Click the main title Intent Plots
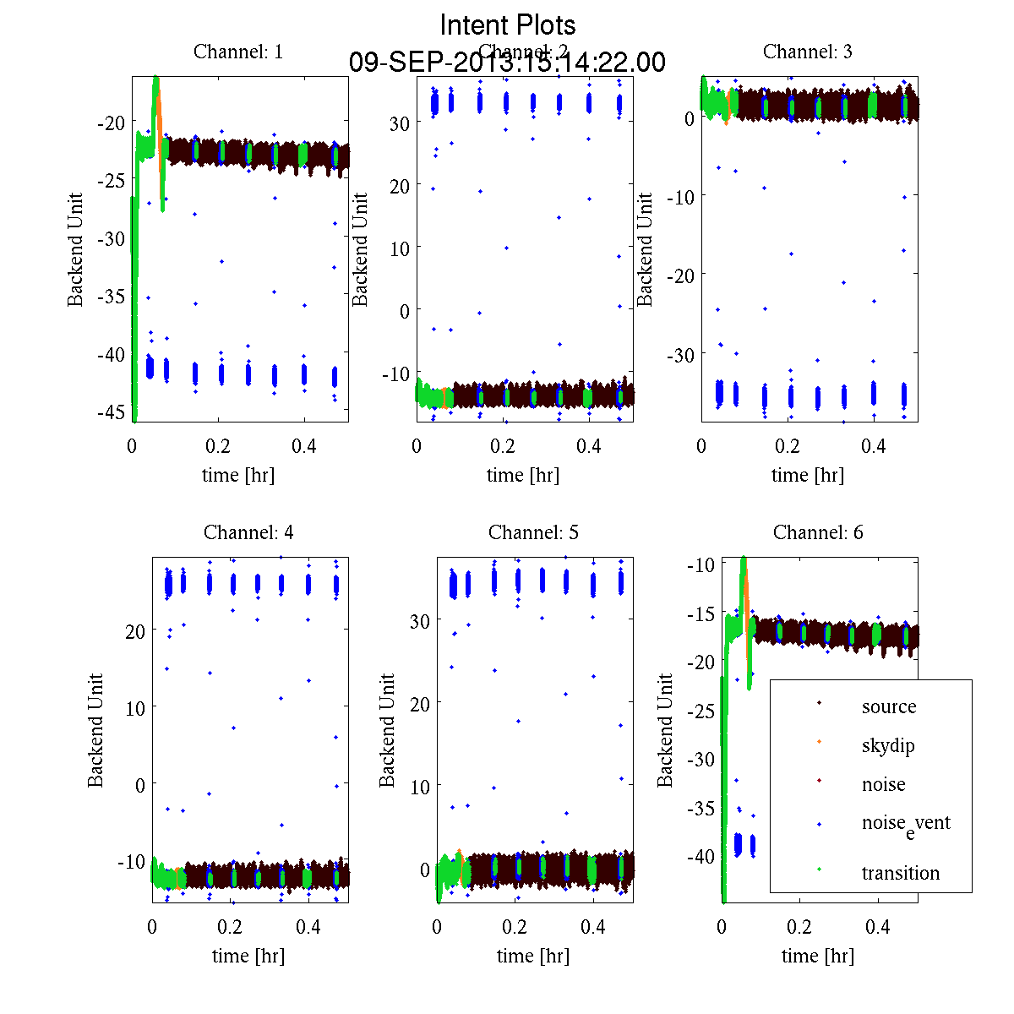pyautogui.click(x=508, y=25)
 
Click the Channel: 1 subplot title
pyautogui.click(x=238, y=52)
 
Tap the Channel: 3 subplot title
pyautogui.click(x=807, y=52)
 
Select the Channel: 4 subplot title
pyautogui.click(x=248, y=532)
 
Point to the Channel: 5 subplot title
pyautogui.click(x=533, y=532)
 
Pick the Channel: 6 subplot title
pyautogui.click(x=818, y=532)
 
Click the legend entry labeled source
pyautogui.click(x=888, y=706)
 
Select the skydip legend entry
pyautogui.click(x=887, y=745)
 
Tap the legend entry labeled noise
pyautogui.click(x=883, y=784)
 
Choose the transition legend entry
pyautogui.click(x=900, y=873)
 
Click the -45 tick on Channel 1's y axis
pyautogui.click(x=112, y=412)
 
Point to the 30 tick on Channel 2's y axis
pyautogui.click(x=399, y=123)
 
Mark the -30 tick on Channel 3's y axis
pyautogui.click(x=680, y=355)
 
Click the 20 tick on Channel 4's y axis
pyautogui.click(x=134, y=630)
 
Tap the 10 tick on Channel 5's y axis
pyautogui.click(x=419, y=787)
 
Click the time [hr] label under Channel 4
pyautogui.click(x=248, y=956)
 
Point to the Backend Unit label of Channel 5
pyautogui.click(x=387, y=730)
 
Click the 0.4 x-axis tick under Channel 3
pyautogui.click(x=874, y=445)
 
